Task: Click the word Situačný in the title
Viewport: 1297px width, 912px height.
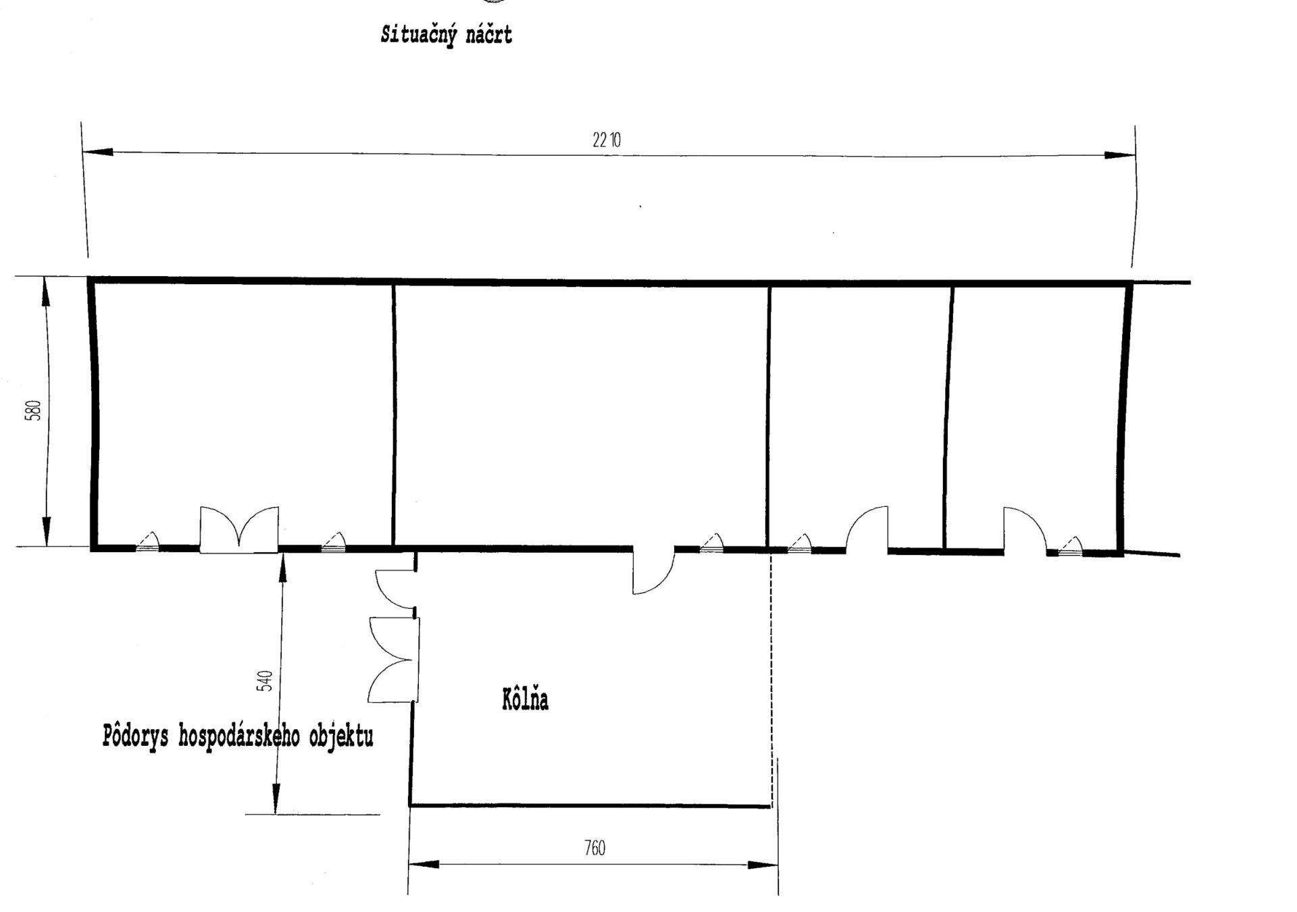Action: pyautogui.click(x=419, y=35)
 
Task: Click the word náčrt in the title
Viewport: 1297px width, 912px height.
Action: pyautogui.click(x=489, y=34)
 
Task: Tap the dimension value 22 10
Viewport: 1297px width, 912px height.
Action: pyautogui.click(x=607, y=140)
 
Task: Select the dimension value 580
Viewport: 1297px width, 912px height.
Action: pyautogui.click(x=34, y=410)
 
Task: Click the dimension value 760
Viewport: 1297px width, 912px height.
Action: pyautogui.click(x=594, y=848)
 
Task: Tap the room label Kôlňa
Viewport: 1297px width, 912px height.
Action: pyautogui.click(x=525, y=699)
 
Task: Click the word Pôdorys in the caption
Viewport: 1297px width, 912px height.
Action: pyautogui.click(x=135, y=736)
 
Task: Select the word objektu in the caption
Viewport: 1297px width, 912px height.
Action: pyautogui.click(x=341, y=736)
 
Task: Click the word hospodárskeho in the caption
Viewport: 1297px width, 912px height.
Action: pyautogui.click(x=238, y=736)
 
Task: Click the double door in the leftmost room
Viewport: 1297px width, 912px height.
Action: pyautogui.click(x=239, y=530)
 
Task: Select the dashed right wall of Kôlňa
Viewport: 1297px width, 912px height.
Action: pyautogui.click(x=771, y=678)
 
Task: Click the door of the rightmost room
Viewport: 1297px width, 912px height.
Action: pyautogui.click(x=1025, y=531)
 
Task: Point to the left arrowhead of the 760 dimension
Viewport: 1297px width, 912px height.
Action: pyautogui.click(x=424, y=864)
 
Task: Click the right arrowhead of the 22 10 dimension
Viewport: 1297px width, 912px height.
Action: pyautogui.click(x=1120, y=155)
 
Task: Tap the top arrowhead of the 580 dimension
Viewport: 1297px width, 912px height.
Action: pyautogui.click(x=46, y=292)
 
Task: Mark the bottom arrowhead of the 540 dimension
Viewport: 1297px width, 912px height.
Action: pyautogui.click(x=276, y=799)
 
